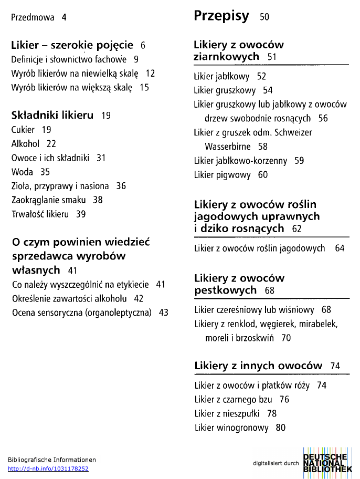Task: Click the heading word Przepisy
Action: tap(221, 16)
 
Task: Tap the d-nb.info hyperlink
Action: tap(48, 468)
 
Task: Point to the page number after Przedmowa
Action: tap(64, 17)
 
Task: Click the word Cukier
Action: tap(23, 130)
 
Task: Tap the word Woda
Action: tap(22, 172)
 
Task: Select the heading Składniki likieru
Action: tap(52, 115)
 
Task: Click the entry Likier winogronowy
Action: tap(231, 428)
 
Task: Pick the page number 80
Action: tap(281, 428)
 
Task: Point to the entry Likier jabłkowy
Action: tap(222, 77)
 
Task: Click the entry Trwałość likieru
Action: tap(40, 214)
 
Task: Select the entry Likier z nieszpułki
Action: tap(228, 414)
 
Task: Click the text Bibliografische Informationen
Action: tap(52, 460)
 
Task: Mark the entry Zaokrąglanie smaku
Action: tap(50, 200)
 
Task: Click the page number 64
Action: tap(340, 248)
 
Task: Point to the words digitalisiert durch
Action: tap(276, 463)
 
